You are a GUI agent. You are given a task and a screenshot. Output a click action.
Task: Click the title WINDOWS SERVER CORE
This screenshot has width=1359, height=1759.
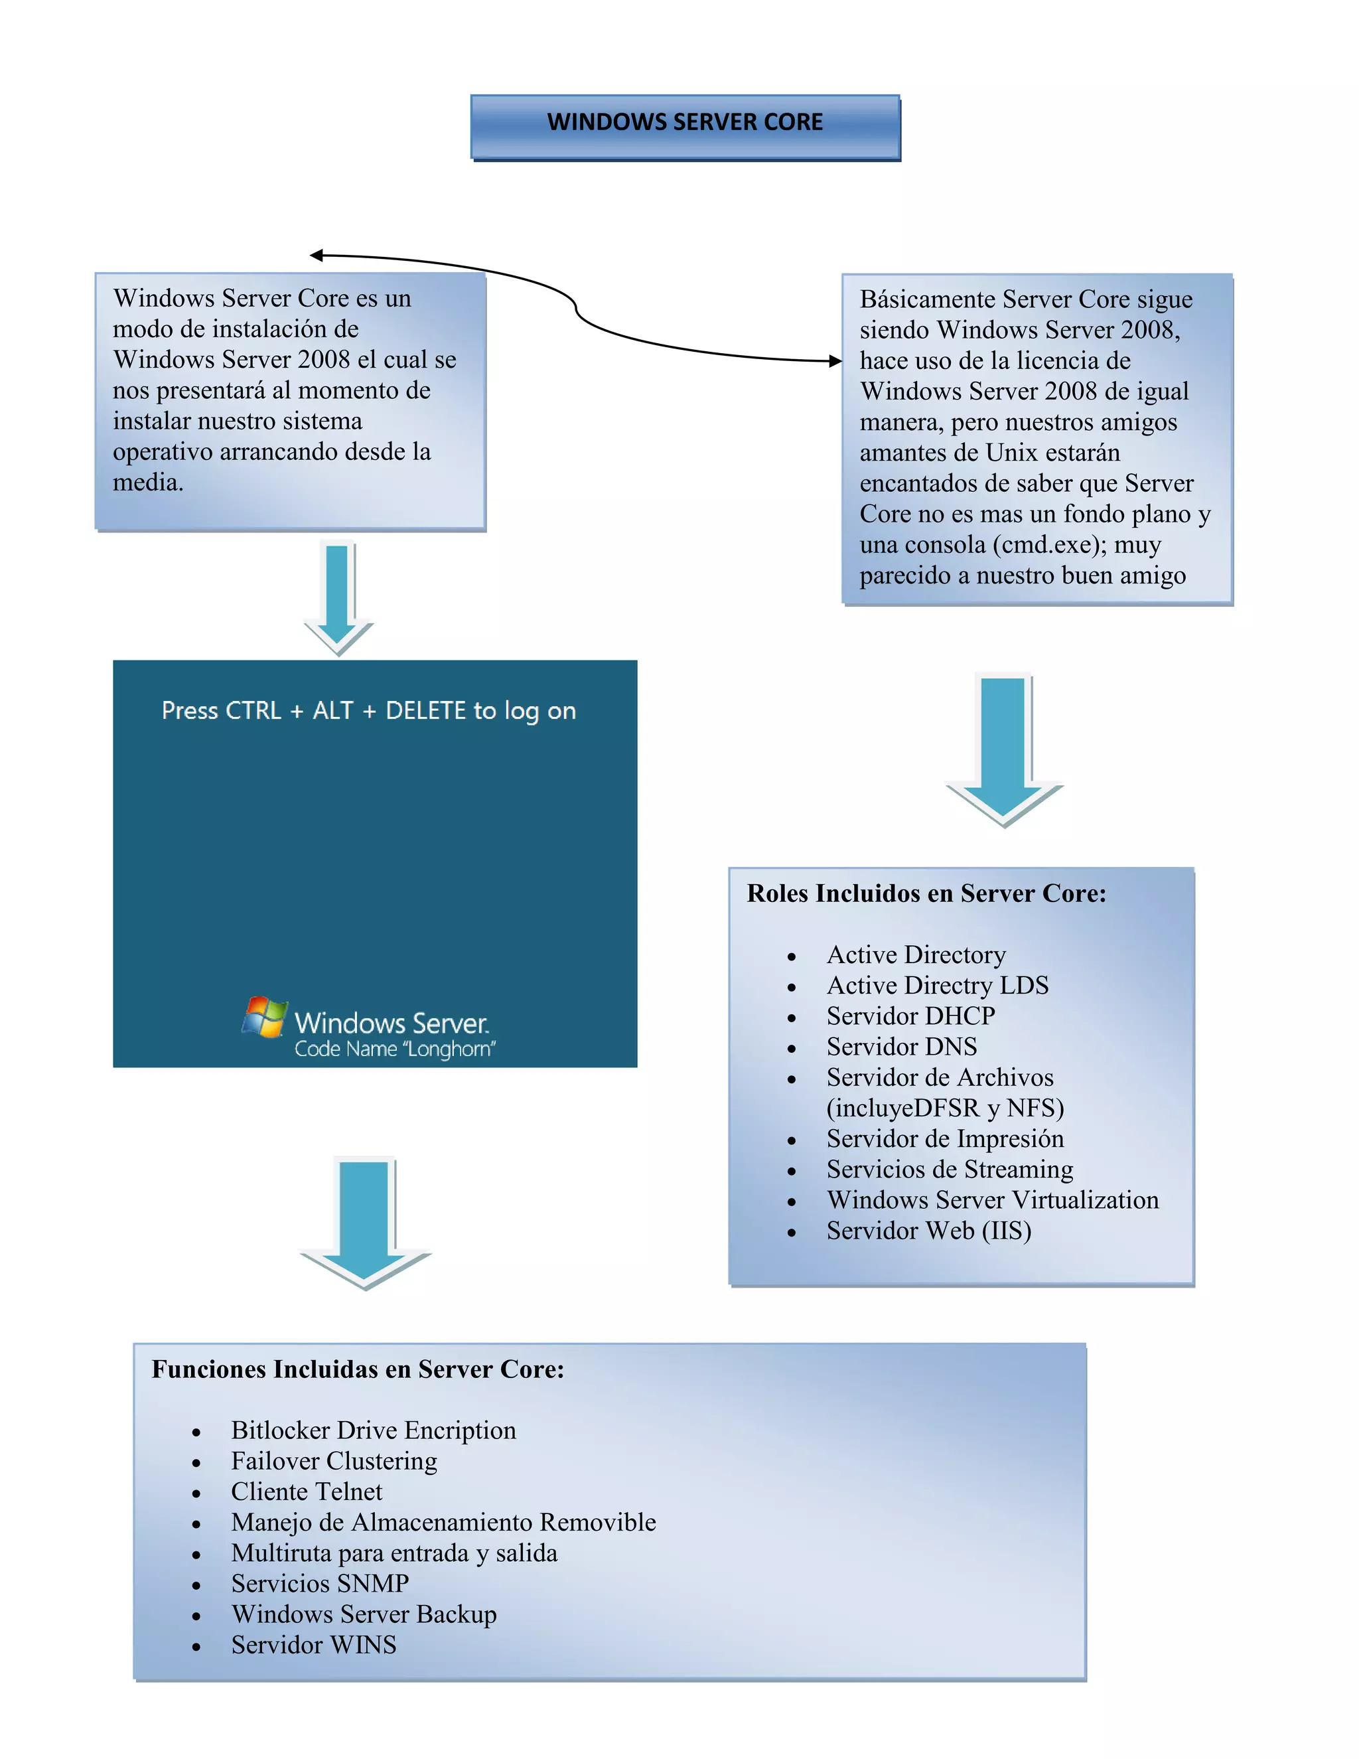(x=684, y=122)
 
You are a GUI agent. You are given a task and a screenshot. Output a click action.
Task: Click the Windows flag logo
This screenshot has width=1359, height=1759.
(x=265, y=1016)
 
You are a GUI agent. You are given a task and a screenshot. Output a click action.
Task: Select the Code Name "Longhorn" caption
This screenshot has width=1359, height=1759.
(x=395, y=1049)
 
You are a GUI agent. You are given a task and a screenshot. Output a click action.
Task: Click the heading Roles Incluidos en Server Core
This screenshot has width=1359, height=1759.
(x=926, y=893)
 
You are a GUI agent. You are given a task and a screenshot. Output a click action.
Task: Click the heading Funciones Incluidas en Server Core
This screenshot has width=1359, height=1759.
(x=358, y=1369)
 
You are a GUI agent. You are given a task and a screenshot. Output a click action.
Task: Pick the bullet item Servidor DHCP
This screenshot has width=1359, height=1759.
(x=910, y=1016)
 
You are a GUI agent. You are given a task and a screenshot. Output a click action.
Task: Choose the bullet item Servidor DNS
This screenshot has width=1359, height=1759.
(x=902, y=1046)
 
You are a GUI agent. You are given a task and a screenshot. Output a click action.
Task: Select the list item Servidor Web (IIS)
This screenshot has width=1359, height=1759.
(x=928, y=1231)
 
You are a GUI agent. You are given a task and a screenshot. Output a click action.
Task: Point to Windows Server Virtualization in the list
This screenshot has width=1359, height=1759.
(x=993, y=1200)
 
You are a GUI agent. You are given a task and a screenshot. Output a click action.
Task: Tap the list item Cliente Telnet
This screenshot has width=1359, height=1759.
(x=307, y=1491)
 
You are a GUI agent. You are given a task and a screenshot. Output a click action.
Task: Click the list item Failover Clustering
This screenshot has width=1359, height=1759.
(x=334, y=1461)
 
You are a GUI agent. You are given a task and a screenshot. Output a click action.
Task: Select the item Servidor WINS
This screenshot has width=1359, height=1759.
(x=314, y=1645)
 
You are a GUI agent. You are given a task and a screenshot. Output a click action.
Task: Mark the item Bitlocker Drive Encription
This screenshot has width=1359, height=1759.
(x=374, y=1430)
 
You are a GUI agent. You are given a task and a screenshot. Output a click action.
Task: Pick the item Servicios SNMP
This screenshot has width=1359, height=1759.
(x=321, y=1583)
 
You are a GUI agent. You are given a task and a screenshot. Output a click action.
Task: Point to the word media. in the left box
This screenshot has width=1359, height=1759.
(x=148, y=483)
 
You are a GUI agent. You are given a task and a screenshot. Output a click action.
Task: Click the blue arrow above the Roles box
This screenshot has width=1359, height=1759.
(x=1003, y=749)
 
